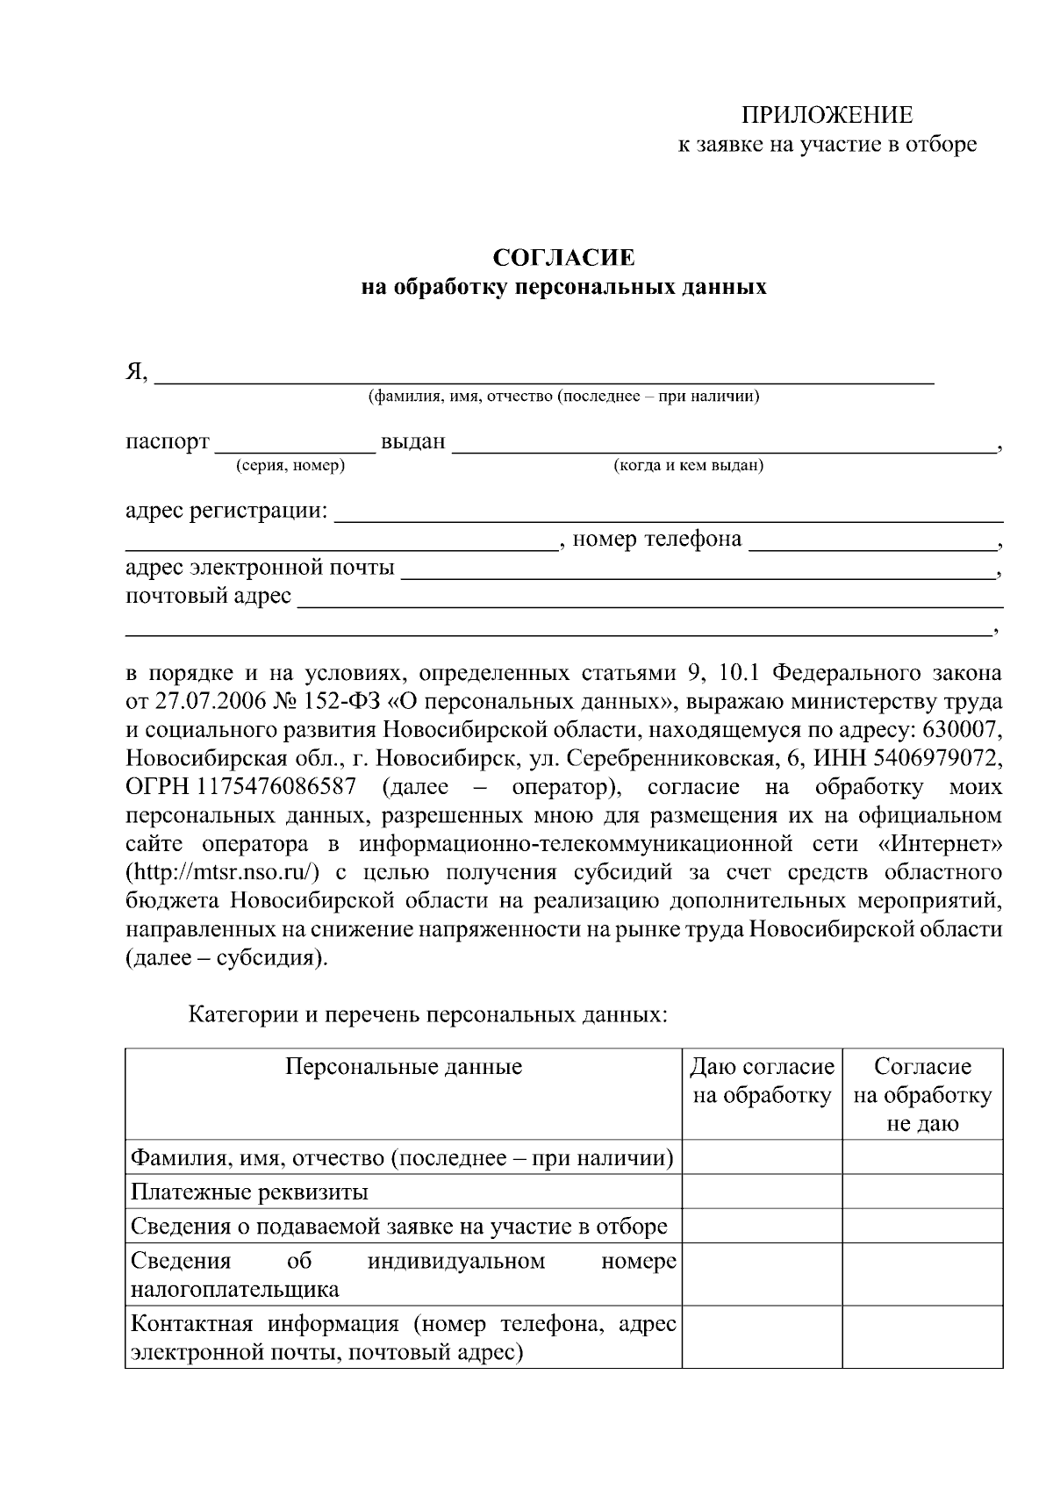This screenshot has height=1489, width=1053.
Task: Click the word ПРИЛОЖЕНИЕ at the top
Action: pyautogui.click(x=827, y=115)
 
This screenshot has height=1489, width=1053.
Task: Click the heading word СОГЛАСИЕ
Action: pyautogui.click(x=563, y=258)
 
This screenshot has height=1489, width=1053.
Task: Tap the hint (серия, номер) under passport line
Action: pyautogui.click(x=290, y=466)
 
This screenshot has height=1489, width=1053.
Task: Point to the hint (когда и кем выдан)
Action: pyautogui.click(x=688, y=466)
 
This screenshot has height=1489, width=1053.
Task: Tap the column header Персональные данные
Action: pyautogui.click(x=404, y=1067)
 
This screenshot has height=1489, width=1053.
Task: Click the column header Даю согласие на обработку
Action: pyautogui.click(x=762, y=1081)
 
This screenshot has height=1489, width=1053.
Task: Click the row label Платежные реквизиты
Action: pyautogui.click(x=249, y=1192)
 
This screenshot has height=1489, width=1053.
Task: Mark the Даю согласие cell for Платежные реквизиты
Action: pyautogui.click(x=762, y=1192)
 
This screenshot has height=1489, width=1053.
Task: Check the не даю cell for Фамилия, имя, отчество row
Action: pyautogui.click(x=922, y=1157)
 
